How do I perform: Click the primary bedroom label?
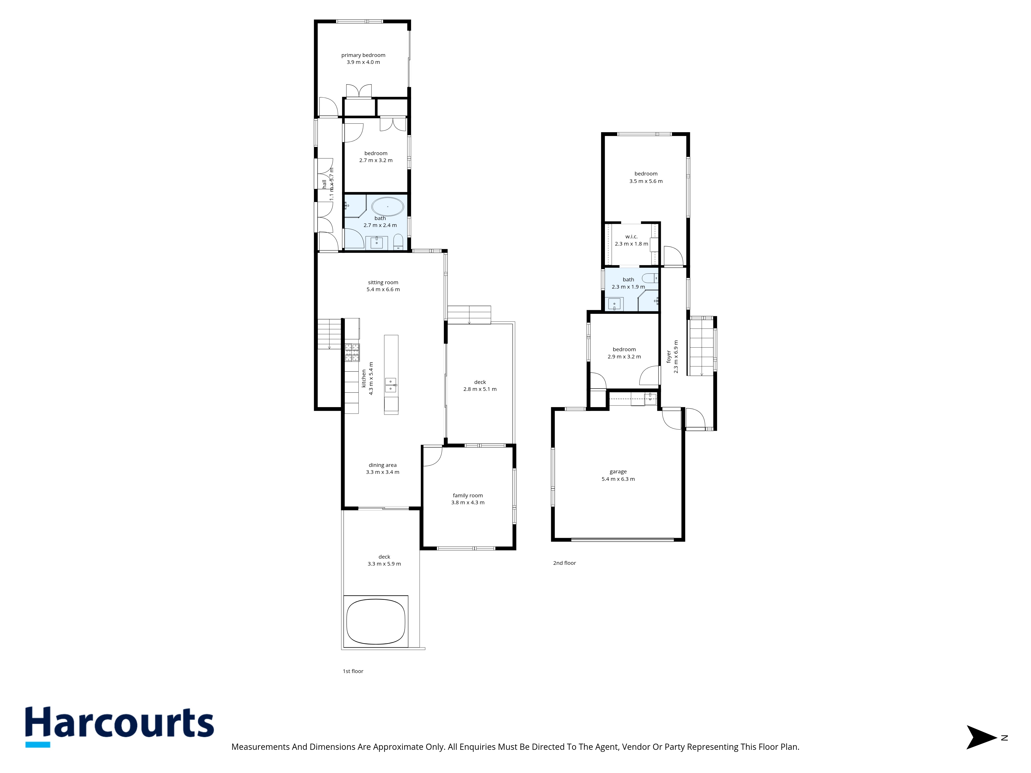click(x=363, y=55)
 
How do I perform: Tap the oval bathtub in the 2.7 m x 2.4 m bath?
click(x=387, y=206)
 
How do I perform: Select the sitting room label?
click(x=383, y=282)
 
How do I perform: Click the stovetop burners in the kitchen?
click(x=352, y=353)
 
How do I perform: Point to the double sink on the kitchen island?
click(x=390, y=385)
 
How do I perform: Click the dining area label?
click(x=382, y=465)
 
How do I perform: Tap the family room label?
click(x=468, y=495)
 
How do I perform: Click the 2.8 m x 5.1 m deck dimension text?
click(x=480, y=389)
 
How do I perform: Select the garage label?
click(x=618, y=472)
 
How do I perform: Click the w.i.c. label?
click(x=631, y=237)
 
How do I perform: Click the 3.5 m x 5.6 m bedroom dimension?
click(x=646, y=181)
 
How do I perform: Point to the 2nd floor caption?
click(x=564, y=563)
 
